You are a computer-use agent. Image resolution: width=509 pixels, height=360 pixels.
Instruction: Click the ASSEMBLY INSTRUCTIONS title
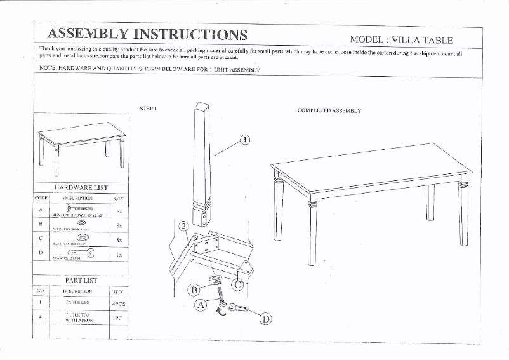pos(147,34)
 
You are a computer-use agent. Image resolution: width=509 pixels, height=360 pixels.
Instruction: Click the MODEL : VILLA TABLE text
pos(401,39)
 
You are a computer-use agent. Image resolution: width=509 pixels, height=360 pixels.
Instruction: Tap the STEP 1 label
pos(148,108)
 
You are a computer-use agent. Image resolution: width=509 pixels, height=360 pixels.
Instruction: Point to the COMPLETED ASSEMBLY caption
pos(329,110)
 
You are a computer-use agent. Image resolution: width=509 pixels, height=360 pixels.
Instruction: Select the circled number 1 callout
pos(245,140)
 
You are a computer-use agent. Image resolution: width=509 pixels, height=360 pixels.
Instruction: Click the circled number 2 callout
pos(183,227)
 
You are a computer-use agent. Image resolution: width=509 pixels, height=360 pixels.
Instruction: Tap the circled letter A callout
pos(201,305)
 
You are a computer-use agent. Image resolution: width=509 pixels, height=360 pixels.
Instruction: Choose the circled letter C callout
pos(237,285)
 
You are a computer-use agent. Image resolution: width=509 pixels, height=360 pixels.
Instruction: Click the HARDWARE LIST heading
pos(81,188)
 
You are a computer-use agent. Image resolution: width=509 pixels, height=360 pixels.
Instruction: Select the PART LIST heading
pos(81,279)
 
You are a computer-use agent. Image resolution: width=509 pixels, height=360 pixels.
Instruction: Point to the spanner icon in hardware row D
pos(79,253)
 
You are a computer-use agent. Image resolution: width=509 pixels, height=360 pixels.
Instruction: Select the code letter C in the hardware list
pos(41,239)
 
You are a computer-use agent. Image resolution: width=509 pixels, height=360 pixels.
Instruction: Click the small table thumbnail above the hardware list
pos(81,147)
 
